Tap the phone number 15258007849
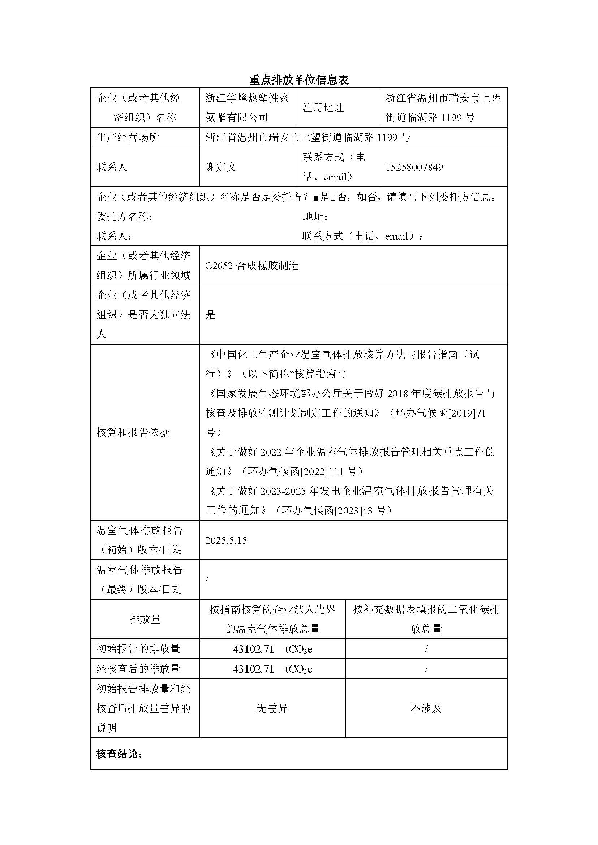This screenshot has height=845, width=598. point(414,167)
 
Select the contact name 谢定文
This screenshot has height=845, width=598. point(221,167)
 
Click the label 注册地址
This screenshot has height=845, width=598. point(323,108)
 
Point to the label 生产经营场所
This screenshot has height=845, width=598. point(128,137)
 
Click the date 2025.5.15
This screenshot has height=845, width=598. point(226,540)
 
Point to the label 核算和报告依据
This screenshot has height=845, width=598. point(133,432)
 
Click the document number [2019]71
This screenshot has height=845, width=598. point(466,413)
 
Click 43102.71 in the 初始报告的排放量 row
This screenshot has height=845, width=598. point(253,649)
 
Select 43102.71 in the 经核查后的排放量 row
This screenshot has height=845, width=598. point(253,669)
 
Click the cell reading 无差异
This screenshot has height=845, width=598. point(272,708)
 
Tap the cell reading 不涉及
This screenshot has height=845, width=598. point(426,708)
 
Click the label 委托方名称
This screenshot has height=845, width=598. point(124,216)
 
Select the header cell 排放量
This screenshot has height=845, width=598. point(145,619)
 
